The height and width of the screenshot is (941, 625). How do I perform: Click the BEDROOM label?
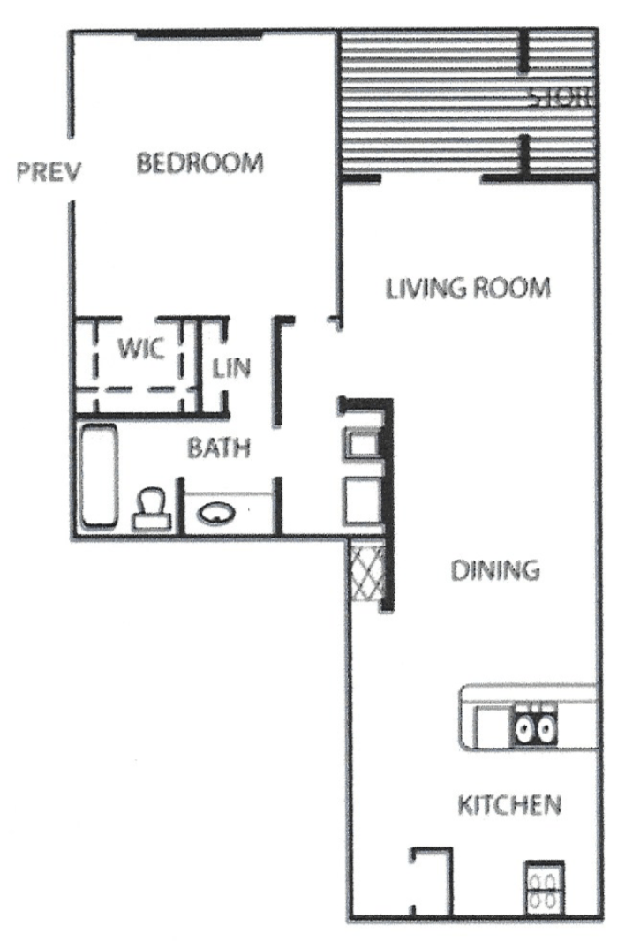click(200, 163)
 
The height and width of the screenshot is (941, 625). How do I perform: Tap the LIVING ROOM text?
click(468, 288)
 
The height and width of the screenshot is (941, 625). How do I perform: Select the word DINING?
click(495, 570)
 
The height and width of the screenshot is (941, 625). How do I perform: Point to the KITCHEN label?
click(509, 804)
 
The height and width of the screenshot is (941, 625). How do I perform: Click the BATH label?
click(218, 448)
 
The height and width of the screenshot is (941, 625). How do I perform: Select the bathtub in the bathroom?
click(97, 475)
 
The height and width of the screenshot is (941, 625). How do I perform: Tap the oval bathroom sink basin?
click(215, 512)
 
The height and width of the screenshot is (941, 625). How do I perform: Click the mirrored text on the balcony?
click(561, 98)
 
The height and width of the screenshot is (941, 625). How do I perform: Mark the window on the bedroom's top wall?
click(199, 34)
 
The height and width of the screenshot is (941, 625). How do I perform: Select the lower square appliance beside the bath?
click(361, 501)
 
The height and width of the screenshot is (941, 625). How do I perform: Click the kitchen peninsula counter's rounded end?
click(468, 717)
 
